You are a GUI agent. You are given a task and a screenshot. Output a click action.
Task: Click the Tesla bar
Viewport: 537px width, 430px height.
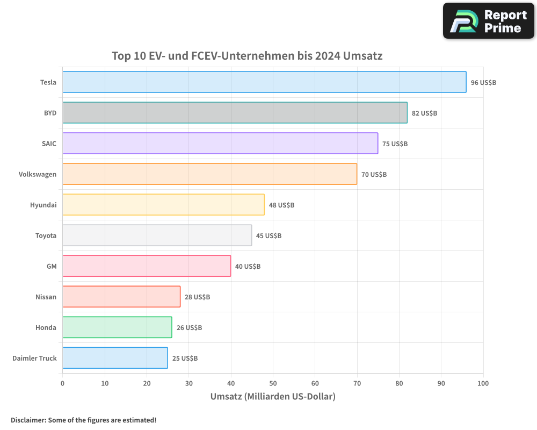[x=264, y=82]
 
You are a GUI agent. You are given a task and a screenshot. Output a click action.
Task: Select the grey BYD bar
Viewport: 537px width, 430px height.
[x=235, y=113]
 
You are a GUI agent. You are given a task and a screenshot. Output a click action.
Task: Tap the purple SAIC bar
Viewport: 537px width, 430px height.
[x=220, y=144]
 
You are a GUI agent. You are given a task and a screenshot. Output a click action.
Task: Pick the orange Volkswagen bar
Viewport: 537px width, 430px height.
[x=209, y=174]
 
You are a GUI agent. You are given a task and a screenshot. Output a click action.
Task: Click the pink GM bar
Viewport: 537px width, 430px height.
[x=147, y=266]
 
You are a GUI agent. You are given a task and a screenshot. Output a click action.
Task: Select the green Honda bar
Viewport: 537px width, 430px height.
[x=117, y=327]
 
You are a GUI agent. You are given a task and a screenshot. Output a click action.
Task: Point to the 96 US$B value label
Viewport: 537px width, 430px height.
[x=483, y=83]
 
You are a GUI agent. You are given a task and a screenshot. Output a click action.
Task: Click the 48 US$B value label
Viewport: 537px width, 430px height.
[x=281, y=205]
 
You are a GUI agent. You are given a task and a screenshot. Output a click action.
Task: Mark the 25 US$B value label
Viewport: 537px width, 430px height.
[x=185, y=359]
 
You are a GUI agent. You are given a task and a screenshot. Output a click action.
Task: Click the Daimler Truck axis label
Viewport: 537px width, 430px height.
[x=34, y=359]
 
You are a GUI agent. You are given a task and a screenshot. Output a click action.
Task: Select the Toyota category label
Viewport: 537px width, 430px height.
[x=46, y=236]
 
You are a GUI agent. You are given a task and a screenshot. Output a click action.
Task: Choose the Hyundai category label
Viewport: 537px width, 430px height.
[x=43, y=205]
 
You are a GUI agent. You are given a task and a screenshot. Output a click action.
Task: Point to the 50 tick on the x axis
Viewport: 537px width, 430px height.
[x=273, y=383]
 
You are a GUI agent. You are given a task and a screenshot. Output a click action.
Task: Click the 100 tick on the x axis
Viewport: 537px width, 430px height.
[x=483, y=383]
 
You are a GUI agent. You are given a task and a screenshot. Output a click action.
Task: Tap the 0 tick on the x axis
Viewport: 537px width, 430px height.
[x=63, y=383]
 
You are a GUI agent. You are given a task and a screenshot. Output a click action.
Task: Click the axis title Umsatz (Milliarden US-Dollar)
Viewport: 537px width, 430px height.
[x=273, y=397]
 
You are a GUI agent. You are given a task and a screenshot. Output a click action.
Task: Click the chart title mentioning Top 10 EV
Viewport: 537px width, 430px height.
[x=247, y=56]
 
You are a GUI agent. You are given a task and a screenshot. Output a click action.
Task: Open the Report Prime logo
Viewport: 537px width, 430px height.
[x=488, y=21]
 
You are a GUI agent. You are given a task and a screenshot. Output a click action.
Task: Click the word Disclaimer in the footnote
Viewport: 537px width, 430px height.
[x=28, y=420]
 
